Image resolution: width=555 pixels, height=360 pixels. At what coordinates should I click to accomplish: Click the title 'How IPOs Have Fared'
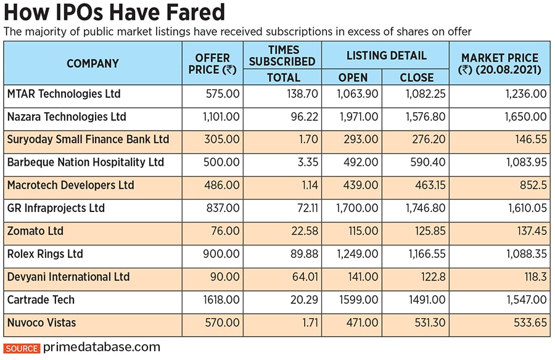(x=114, y=12)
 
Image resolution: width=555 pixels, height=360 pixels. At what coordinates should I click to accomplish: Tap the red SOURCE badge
(x=22, y=348)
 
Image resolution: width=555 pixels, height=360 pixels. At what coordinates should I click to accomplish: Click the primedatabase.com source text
(x=102, y=348)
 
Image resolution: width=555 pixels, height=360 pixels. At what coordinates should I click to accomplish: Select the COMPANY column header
(x=92, y=63)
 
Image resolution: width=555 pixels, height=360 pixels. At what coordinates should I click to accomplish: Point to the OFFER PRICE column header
(x=212, y=63)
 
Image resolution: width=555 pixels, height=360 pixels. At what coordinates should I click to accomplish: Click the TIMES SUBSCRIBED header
(x=282, y=55)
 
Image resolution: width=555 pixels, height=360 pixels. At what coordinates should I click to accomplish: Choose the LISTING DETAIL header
(x=386, y=55)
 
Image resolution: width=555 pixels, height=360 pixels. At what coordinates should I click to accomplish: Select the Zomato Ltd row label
(x=36, y=231)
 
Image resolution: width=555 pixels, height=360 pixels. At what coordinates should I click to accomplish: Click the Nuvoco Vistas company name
(x=41, y=322)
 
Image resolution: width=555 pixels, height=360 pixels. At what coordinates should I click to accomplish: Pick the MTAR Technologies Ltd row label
(x=64, y=94)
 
